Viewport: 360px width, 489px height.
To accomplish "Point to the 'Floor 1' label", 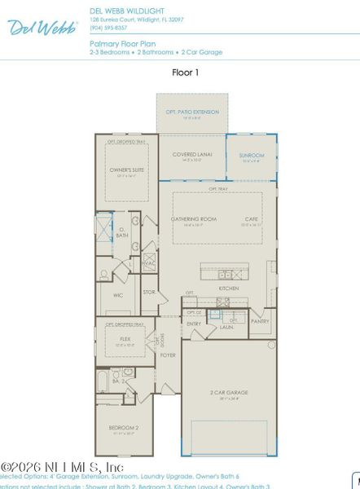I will pyautogui.click(x=186, y=72).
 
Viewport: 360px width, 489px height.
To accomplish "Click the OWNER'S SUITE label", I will pyautogui.click(x=126, y=170).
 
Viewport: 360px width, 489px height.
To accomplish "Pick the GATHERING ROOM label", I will pyautogui.click(x=193, y=219).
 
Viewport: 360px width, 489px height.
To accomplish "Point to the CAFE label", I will pyautogui.click(x=251, y=219).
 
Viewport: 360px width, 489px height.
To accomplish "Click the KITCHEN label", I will pyautogui.click(x=228, y=289).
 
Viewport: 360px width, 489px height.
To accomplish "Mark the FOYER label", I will pyautogui.click(x=168, y=355).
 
